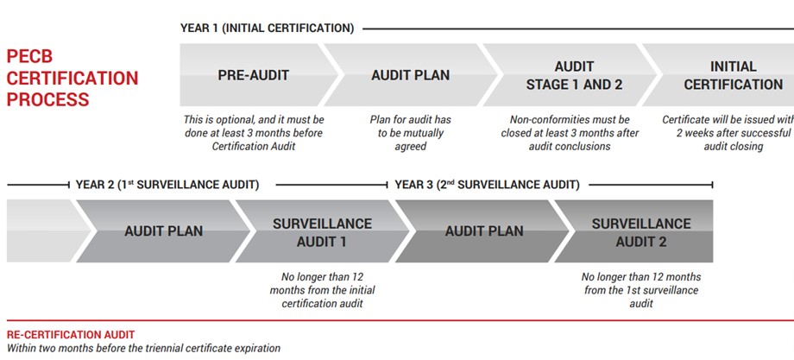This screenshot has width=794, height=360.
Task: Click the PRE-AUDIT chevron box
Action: [253, 75]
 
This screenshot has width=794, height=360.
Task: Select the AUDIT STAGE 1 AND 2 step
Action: [574, 75]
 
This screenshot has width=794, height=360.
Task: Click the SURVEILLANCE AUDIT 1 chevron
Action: [322, 231]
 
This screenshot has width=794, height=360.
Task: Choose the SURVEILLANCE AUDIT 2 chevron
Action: [640, 231]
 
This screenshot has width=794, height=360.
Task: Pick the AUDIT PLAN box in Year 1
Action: [410, 75]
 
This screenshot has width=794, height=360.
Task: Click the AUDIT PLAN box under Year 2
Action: [164, 231]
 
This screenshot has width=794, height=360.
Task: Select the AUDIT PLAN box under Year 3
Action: [484, 231]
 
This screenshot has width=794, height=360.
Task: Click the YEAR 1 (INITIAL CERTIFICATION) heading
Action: [267, 28]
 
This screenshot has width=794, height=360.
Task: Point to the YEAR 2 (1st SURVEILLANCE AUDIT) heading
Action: [167, 185]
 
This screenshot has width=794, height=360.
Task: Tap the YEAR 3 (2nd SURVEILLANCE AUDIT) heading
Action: [487, 185]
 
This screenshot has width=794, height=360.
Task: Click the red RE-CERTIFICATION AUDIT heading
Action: [71, 334]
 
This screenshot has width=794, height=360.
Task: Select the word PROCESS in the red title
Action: [47, 99]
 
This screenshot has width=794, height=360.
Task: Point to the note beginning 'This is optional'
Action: [253, 133]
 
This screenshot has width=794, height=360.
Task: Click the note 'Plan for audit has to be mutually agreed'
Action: [410, 133]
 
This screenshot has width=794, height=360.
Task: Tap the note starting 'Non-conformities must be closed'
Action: [570, 133]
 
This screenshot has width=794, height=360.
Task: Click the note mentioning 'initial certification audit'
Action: [322, 290]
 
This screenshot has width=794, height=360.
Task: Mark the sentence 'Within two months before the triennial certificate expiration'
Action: [143, 348]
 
